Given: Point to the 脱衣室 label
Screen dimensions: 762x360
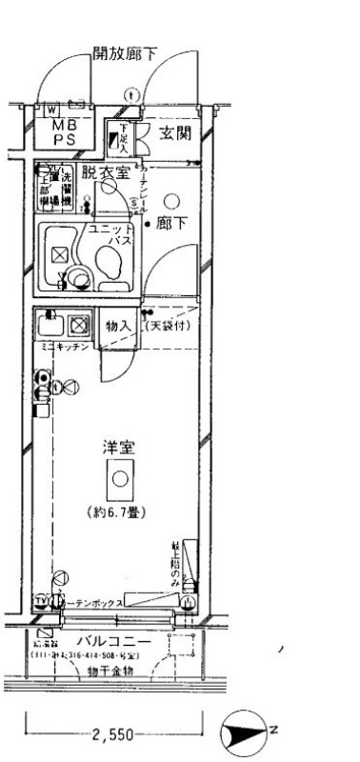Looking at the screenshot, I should tap(104, 172).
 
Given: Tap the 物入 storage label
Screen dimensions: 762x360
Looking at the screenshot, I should tap(118, 326).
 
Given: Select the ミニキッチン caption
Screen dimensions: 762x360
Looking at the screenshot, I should tap(65, 349).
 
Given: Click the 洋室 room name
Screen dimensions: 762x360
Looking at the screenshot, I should tap(117, 447).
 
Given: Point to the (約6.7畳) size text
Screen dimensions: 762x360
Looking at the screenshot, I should tap(119, 512).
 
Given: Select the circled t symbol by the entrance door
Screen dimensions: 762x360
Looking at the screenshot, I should tap(131, 93).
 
